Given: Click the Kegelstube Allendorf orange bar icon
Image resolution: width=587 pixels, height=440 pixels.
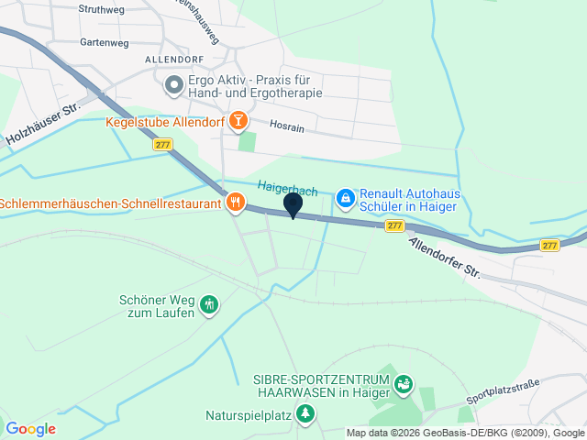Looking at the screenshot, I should [x=238, y=120].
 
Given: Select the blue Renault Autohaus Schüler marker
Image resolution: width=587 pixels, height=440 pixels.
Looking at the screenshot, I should [x=345, y=197].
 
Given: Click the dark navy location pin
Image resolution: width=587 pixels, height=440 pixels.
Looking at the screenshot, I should [x=293, y=205].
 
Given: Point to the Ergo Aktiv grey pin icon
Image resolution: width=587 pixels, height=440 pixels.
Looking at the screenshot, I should [x=173, y=86].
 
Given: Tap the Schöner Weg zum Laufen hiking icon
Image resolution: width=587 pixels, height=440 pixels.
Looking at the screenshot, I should [x=209, y=304].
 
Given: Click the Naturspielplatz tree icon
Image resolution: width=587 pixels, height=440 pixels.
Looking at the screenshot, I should [x=306, y=413].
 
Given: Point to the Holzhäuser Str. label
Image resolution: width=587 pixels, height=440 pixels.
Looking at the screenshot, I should [x=43, y=125].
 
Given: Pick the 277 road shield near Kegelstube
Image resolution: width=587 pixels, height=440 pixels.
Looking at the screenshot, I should [x=162, y=145].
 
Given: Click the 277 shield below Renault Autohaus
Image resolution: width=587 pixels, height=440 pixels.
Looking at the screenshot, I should [x=393, y=225].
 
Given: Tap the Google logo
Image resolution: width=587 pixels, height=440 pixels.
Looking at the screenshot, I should [x=30, y=428].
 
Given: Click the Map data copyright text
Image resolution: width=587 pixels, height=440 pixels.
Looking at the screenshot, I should [x=465, y=433].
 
